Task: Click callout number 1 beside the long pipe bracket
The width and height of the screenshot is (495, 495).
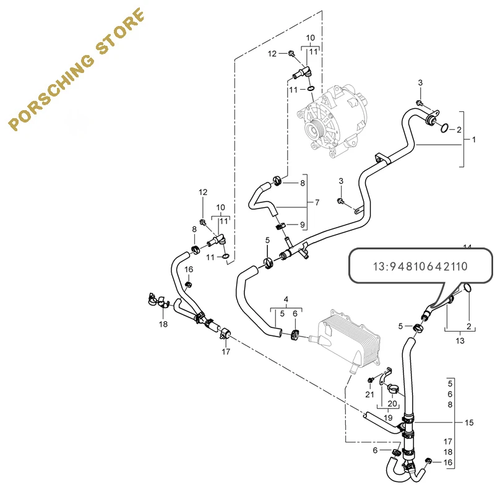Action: [x=474, y=140]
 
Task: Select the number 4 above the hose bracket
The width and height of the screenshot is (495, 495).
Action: [x=286, y=300]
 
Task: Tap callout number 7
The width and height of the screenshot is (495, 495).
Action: [x=317, y=203]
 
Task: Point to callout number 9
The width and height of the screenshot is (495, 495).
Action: [x=303, y=224]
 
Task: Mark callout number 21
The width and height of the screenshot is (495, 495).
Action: [x=369, y=394]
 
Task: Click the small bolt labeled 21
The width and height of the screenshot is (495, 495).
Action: [x=371, y=379]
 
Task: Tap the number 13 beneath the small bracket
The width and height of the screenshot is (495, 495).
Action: [x=459, y=340]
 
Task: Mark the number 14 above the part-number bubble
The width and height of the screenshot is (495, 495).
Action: [x=467, y=247]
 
